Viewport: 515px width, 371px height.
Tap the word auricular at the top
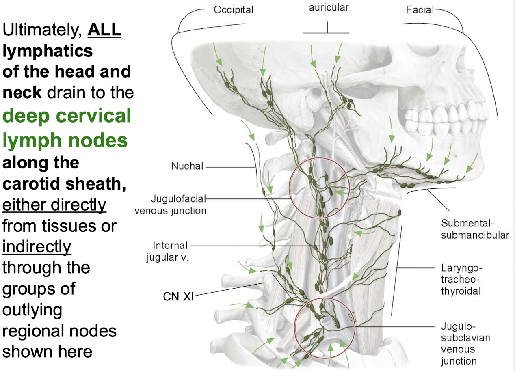pos(329,8)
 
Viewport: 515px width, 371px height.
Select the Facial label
pos(419,10)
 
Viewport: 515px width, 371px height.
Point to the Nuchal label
pos(187,166)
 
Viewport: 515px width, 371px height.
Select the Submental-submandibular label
pos(475,229)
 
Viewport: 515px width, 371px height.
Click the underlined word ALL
pos(104,30)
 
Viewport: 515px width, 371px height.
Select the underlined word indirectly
pos(37,246)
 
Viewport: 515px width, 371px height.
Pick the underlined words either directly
pos(54,205)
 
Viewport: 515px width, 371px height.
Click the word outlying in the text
pos(32,310)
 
